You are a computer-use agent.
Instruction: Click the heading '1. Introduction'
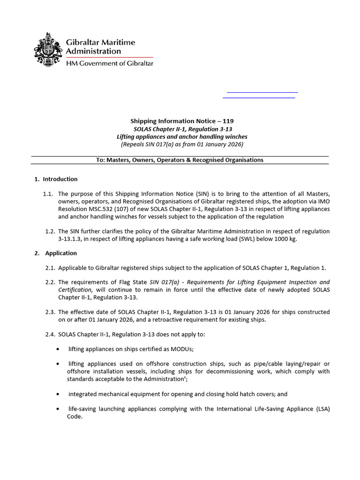(56, 179)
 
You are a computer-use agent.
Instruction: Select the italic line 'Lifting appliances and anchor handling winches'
(182, 136)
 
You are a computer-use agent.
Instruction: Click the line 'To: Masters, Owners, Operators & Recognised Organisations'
(180, 160)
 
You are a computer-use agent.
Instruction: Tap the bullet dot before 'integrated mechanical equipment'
(57, 394)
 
